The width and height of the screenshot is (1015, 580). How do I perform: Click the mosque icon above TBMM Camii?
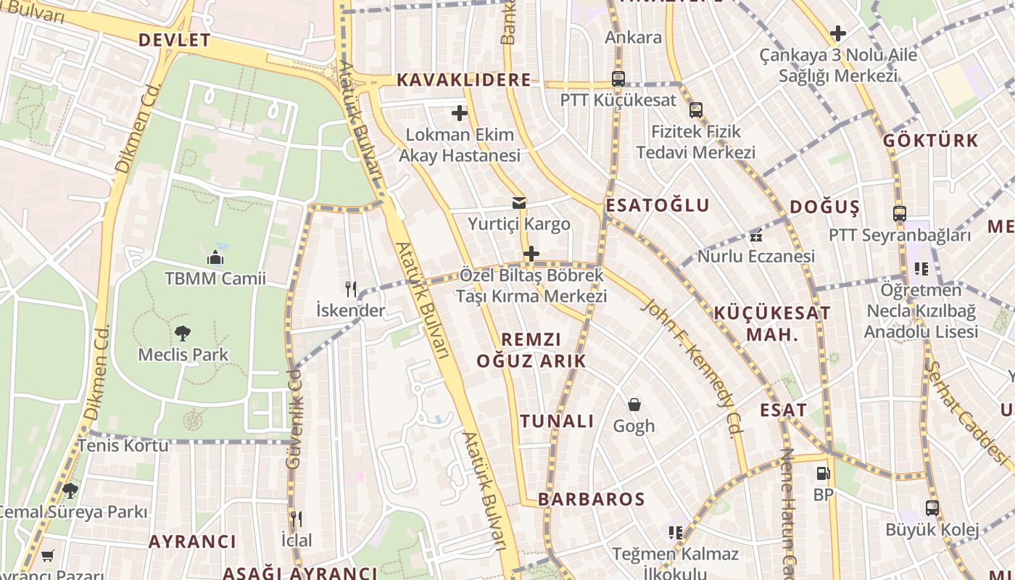click(x=215, y=258)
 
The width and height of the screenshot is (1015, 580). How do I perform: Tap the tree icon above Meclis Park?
click(x=183, y=333)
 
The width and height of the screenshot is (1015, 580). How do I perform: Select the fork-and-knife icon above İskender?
click(x=351, y=289)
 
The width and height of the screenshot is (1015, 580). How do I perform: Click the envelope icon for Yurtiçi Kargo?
click(x=519, y=203)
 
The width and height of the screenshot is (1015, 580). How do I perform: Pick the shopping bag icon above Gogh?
click(x=634, y=405)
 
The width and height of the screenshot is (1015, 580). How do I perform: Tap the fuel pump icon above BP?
click(x=823, y=473)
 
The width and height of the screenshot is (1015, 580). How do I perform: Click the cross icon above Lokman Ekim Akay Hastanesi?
click(x=460, y=113)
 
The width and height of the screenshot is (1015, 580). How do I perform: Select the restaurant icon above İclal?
click(x=296, y=519)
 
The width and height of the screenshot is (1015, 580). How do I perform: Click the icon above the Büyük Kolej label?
click(x=932, y=508)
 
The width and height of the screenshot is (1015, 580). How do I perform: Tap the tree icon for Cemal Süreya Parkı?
click(x=70, y=491)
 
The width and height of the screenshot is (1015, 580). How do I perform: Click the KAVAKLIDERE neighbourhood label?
click(x=464, y=80)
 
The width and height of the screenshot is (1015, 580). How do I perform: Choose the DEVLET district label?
click(x=174, y=41)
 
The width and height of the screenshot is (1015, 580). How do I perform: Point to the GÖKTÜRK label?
click(x=930, y=141)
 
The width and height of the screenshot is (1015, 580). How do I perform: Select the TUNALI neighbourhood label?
click(x=557, y=421)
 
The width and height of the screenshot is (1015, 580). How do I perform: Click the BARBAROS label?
click(x=591, y=500)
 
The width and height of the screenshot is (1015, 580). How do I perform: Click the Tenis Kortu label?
click(x=123, y=445)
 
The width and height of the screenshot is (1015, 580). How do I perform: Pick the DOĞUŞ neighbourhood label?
click(x=824, y=207)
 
